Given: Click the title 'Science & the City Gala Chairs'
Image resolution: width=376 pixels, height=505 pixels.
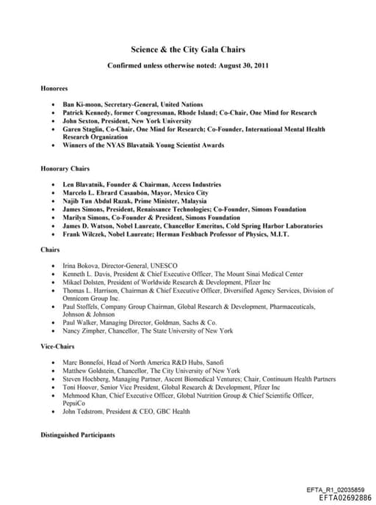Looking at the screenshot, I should tap(187, 49).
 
